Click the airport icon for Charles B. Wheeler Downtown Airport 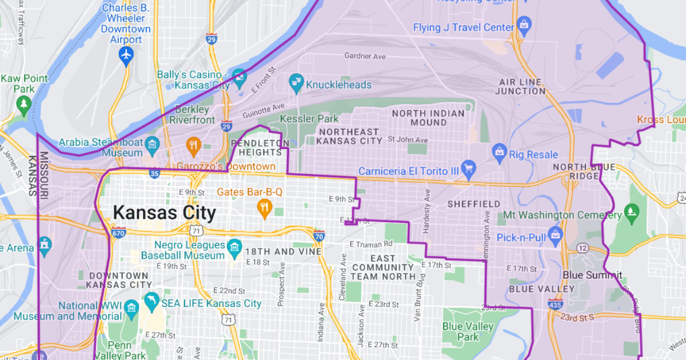(126, 55)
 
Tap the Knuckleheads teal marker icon (296, 84)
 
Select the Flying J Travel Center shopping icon (524, 25)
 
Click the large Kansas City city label (164, 213)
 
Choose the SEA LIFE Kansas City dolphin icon (151, 302)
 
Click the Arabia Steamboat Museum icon (152, 143)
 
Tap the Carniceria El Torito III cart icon (469, 168)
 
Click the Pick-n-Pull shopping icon (555, 234)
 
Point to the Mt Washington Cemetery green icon (631, 211)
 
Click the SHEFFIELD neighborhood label (473, 204)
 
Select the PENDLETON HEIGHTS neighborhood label (256, 147)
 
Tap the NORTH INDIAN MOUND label (428, 118)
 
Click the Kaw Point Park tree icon (23, 103)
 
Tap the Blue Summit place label (592, 275)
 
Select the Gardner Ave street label (365, 56)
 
